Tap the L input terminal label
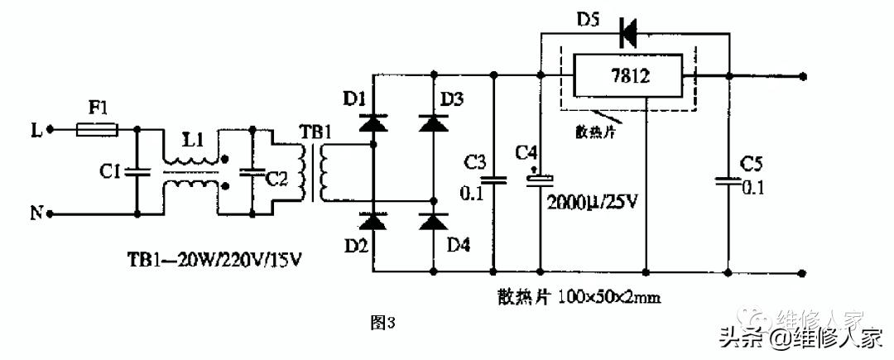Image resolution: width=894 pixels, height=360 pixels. [x=36, y=129]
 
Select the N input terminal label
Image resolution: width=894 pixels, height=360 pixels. [x=36, y=214]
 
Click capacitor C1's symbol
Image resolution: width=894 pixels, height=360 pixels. [x=137, y=172]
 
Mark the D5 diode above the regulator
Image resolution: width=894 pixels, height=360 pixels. [x=628, y=34]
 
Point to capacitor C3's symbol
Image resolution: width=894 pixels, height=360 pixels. [x=494, y=177]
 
